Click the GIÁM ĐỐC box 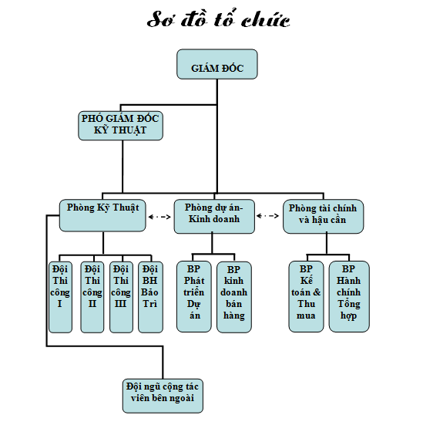coord(217,64)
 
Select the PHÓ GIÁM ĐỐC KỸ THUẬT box coord(120,126)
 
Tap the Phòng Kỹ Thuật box coord(102,216)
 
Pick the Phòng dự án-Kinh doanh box coord(214,217)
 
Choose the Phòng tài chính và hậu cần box coord(323,217)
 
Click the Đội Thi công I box coord(60,297)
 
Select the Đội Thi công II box coord(92,297)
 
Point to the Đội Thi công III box coord(121,297)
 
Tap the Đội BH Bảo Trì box coord(150,297)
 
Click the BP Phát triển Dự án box coord(193,296)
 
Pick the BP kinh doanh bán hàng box coord(234,296)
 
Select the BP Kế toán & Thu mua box coord(306,296)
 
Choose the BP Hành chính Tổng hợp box coord(349,296)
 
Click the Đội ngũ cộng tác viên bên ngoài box coord(163,396)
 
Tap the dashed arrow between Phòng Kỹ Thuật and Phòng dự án coord(159,217)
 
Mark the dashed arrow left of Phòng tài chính coord(267,216)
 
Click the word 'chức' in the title coord(265,20)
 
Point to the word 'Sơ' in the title coord(160,19)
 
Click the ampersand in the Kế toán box coord(317,292)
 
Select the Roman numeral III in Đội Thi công coord(120,304)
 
